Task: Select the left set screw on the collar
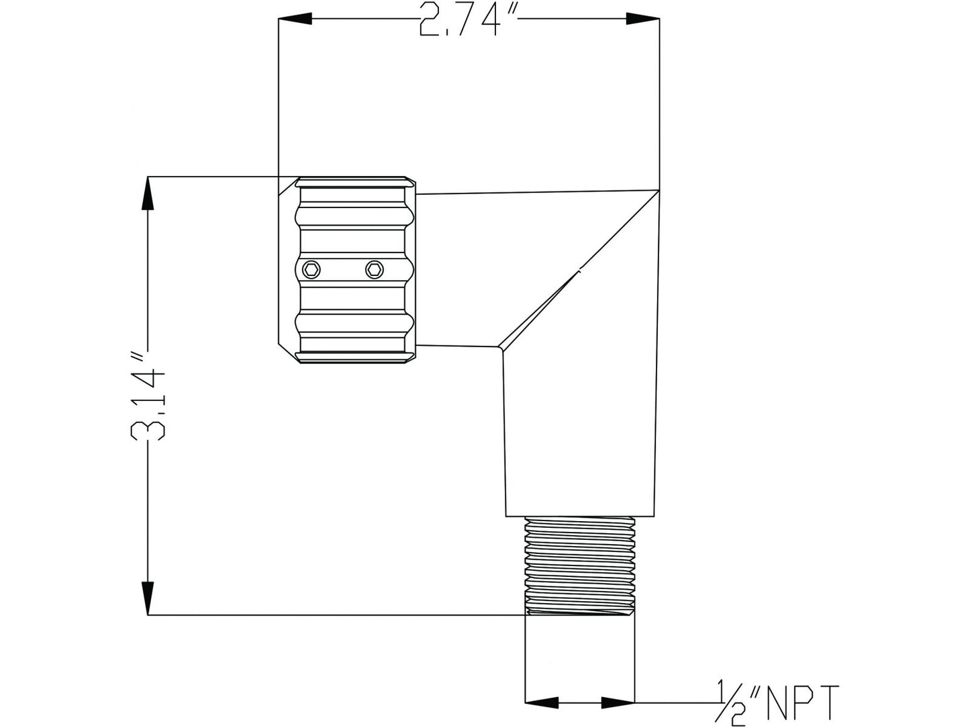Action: [311, 269]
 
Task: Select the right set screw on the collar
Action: [375, 269]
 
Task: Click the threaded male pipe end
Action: [579, 564]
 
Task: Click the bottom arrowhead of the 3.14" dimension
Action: [148, 598]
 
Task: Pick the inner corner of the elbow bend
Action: [500, 348]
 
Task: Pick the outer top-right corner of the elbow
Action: [658, 190]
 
